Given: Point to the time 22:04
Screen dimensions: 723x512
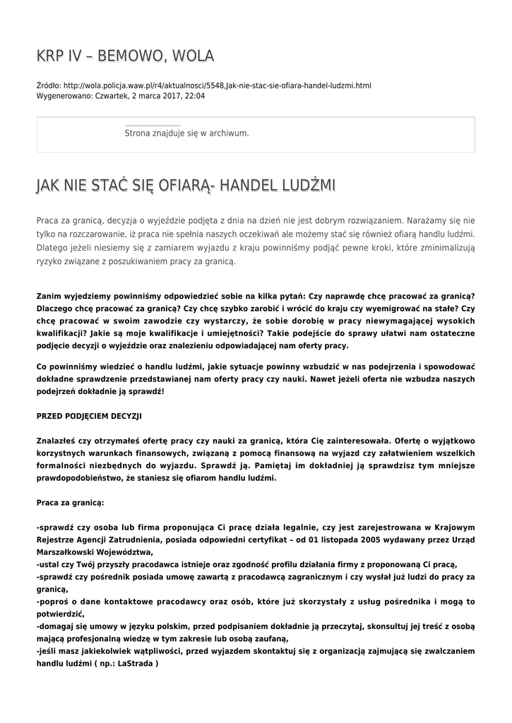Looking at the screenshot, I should (x=195, y=96).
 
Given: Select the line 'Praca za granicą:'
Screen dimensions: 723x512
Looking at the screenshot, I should (x=70, y=502).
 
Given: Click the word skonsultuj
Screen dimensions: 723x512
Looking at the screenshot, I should (x=393, y=626).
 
